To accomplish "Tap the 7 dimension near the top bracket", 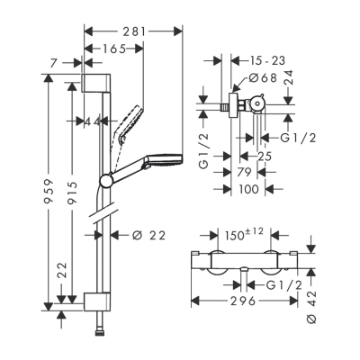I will pos(56,62).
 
